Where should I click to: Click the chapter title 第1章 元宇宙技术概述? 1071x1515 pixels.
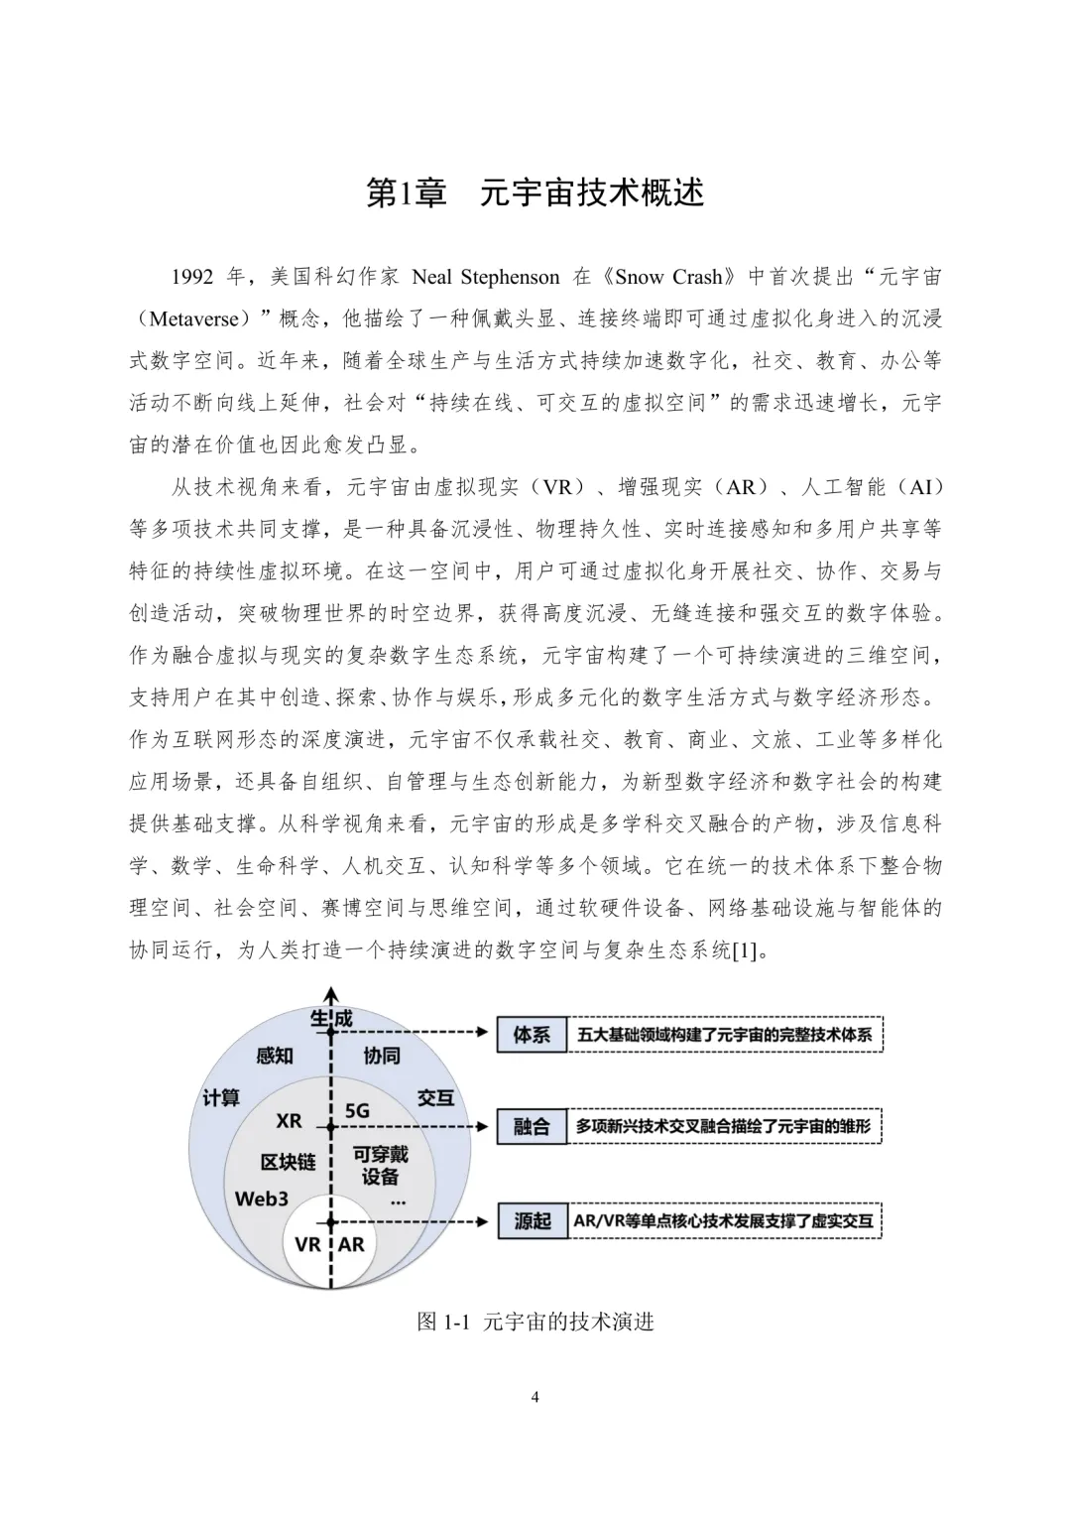click(x=535, y=192)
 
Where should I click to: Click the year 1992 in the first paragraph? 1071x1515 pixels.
click(x=192, y=277)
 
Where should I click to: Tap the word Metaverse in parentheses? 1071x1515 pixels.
click(x=193, y=318)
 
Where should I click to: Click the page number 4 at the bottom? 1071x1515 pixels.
click(x=535, y=1398)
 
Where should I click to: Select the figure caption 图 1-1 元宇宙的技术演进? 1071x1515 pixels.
click(x=535, y=1322)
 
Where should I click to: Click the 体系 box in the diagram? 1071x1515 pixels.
click(x=532, y=1035)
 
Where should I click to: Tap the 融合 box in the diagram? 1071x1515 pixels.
click(x=532, y=1127)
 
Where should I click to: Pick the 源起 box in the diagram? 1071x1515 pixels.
click(x=532, y=1220)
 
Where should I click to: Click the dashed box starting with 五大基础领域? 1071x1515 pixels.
click(x=724, y=1035)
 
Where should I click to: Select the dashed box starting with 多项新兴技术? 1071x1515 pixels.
click(x=724, y=1127)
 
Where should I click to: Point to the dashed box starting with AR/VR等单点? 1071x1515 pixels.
click(x=724, y=1220)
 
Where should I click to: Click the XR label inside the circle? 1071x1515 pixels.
click(x=289, y=1120)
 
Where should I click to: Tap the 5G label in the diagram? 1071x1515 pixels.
click(x=357, y=1111)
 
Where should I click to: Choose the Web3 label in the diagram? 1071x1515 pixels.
click(x=261, y=1199)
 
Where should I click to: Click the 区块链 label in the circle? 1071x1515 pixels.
click(x=288, y=1161)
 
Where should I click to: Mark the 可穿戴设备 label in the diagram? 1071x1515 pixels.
click(x=380, y=1166)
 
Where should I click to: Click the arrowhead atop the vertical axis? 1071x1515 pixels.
click(x=331, y=993)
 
